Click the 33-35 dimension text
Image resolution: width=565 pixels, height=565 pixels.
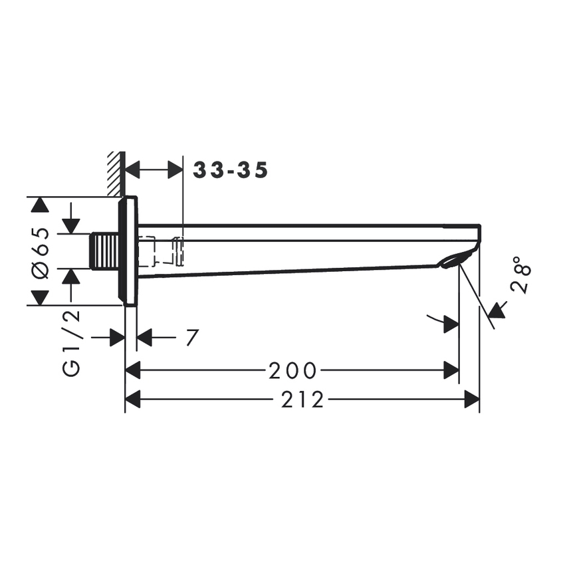point(231,171)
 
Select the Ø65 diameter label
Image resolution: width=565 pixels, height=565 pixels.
point(41,251)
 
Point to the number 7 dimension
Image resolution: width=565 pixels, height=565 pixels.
point(191,338)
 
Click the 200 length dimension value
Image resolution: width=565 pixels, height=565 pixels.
point(292,370)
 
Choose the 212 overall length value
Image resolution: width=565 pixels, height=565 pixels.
point(302,399)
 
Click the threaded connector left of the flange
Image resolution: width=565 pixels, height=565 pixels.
point(104,251)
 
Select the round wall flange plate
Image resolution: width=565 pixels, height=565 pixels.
point(128,251)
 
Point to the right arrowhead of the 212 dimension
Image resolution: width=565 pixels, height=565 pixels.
point(472,399)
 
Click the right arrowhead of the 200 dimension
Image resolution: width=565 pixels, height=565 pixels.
point(451,370)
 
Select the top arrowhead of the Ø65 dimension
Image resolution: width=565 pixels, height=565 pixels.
point(41,205)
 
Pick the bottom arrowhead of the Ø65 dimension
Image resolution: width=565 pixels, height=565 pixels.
point(41,298)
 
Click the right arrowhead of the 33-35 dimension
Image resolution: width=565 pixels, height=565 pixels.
point(175,169)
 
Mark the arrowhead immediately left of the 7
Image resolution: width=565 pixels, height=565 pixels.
point(144,338)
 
